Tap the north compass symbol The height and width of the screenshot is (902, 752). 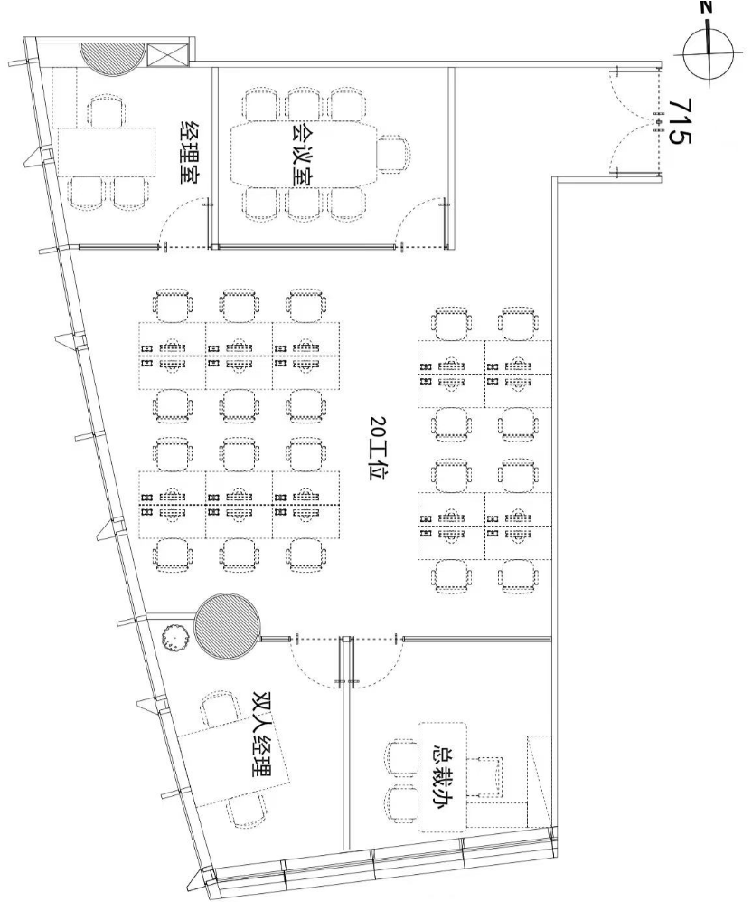tap(708, 52)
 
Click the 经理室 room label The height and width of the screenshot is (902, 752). tap(190, 152)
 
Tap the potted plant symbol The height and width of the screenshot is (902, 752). tap(174, 638)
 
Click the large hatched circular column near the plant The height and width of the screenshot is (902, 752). tap(229, 626)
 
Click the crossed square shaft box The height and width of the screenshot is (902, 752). tap(168, 54)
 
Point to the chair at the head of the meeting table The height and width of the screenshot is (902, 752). tap(394, 154)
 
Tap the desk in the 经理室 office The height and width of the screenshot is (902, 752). tap(107, 152)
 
